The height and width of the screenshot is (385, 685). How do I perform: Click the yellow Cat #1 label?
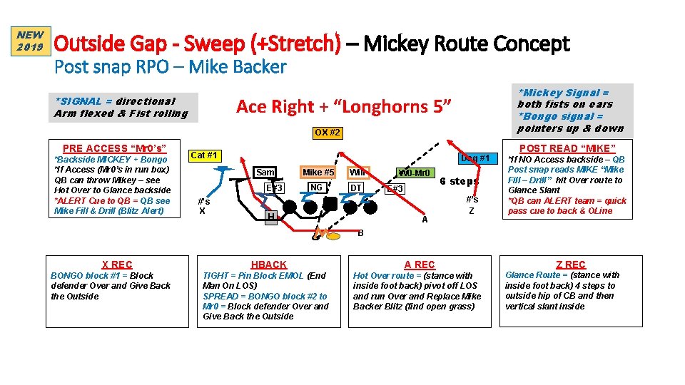point(205,155)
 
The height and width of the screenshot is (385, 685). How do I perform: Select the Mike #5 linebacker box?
point(318,172)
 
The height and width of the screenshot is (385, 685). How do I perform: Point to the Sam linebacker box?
point(265,172)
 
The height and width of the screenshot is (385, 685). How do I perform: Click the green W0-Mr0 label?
point(414,173)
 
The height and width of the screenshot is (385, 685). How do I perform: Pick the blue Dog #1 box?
point(475,158)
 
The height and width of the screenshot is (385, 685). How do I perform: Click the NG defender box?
point(316,188)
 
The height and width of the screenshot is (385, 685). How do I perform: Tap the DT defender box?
point(355,188)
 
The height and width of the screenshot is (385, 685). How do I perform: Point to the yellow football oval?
point(322,232)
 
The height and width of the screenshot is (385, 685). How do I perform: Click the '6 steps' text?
point(459,181)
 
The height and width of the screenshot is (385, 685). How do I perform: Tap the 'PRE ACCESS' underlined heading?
point(115,148)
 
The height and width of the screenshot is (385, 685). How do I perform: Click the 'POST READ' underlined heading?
point(568,148)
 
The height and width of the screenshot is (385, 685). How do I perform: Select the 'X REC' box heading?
point(116,265)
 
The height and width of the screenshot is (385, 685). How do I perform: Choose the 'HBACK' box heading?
point(268,265)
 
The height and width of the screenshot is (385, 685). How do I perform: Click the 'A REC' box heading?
point(420,265)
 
